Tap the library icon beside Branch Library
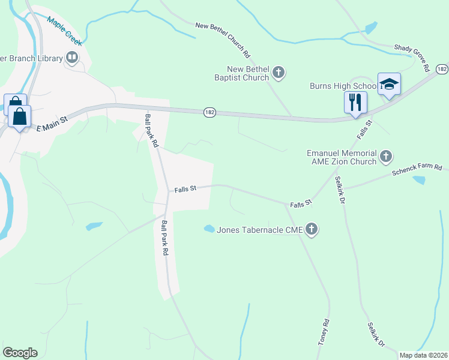72,58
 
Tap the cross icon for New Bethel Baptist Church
278,73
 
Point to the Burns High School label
343,86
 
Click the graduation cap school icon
388,85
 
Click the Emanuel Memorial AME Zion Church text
341,157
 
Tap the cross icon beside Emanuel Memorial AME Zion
386,157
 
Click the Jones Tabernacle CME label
259,229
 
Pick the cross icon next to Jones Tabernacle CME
311,229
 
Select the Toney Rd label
324,332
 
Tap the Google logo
20,353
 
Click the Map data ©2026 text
423,355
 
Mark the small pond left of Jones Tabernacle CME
209,229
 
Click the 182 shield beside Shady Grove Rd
441,69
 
